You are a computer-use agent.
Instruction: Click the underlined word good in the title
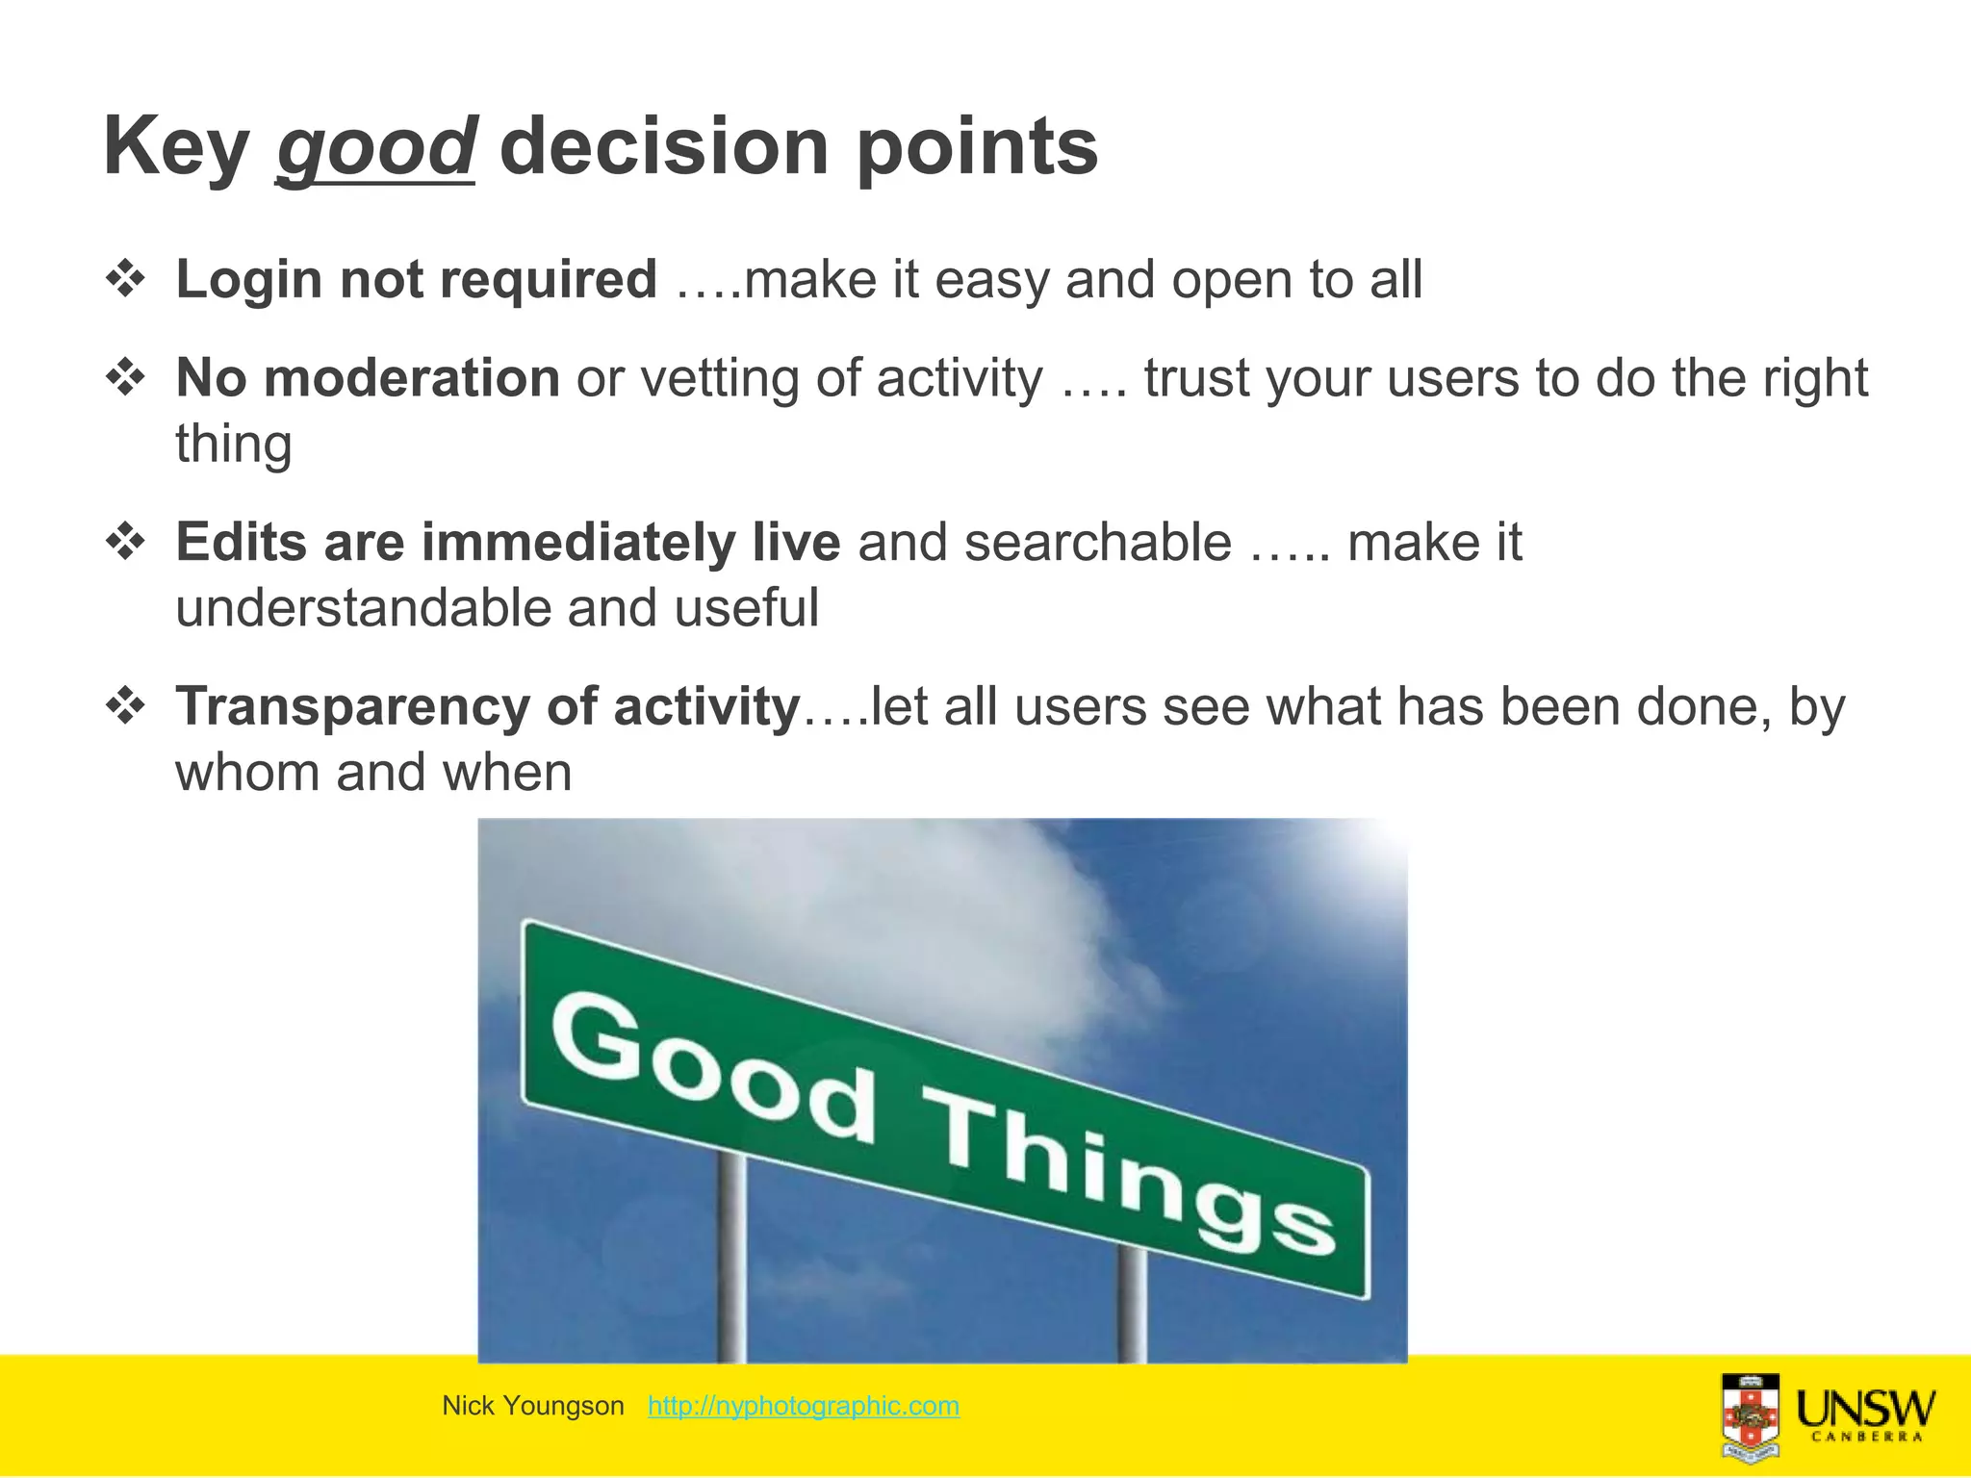(x=375, y=146)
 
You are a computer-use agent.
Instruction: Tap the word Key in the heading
(x=176, y=146)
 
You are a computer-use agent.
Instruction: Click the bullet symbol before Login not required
(x=125, y=280)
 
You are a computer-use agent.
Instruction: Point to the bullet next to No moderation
(x=125, y=378)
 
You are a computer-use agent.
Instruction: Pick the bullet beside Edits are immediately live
(x=125, y=543)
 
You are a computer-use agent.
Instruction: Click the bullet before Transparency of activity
(x=125, y=707)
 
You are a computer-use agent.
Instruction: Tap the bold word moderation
(x=411, y=377)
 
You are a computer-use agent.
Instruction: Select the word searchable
(x=1097, y=542)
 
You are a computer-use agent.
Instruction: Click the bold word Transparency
(x=352, y=707)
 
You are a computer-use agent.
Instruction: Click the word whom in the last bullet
(x=247, y=773)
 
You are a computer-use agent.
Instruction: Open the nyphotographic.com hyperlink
(x=803, y=1406)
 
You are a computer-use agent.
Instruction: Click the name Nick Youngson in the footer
(x=532, y=1406)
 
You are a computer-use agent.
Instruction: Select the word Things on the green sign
(x=1126, y=1174)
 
